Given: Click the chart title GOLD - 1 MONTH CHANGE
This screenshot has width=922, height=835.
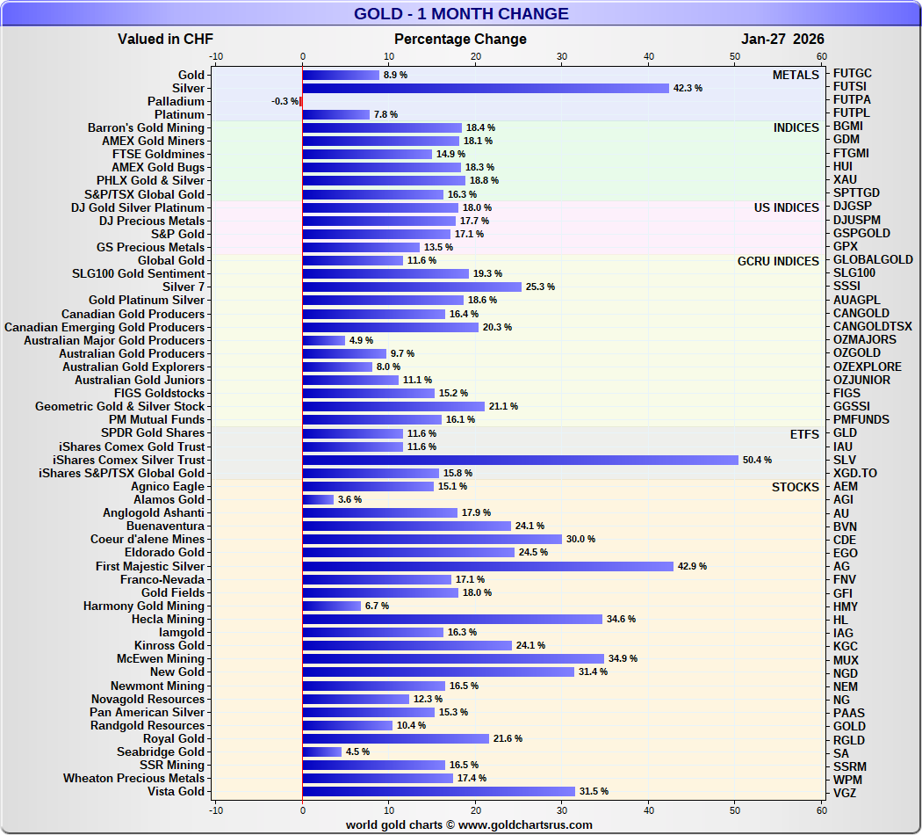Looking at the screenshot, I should [461, 14].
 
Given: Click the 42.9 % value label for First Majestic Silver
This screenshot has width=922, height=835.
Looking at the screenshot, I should [691, 566].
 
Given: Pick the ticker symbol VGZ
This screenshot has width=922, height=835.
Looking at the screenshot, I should [846, 792].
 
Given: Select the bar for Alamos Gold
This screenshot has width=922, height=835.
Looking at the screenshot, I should [318, 499].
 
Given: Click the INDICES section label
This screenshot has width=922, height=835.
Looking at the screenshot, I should [796, 127].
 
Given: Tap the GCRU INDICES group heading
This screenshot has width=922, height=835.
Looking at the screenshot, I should [778, 261].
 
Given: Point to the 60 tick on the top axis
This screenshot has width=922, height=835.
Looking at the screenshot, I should [822, 57].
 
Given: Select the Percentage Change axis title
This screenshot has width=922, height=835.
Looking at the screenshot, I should [460, 39].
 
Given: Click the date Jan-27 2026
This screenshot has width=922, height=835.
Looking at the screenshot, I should [782, 39].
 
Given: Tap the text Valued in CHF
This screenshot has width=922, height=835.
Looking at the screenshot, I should [165, 39].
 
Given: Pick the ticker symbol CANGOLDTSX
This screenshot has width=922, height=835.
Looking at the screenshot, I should [872, 327].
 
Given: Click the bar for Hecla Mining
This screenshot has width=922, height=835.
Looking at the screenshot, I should [452, 619].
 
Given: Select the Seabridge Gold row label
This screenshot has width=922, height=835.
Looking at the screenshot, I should [161, 751].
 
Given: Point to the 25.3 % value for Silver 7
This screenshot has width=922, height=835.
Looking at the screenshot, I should [538, 287].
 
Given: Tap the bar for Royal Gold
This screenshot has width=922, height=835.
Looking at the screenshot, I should [395, 738].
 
